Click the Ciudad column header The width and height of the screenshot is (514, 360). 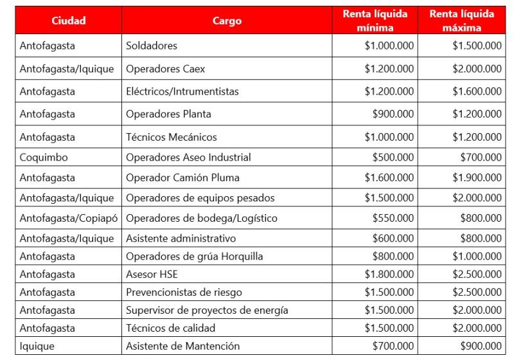(69, 21)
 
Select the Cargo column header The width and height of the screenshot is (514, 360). (227, 21)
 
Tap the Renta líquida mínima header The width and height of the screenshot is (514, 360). (375, 21)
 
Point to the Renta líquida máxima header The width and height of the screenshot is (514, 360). (462, 21)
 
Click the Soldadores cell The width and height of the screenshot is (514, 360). (152, 46)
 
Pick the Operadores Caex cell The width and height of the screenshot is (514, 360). (166, 69)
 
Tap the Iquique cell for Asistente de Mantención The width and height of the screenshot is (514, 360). (38, 346)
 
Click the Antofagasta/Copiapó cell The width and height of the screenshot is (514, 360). (69, 218)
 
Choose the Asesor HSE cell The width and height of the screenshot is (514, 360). (152, 274)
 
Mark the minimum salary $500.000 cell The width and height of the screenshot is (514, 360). (393, 157)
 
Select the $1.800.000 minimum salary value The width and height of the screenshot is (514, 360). (389, 274)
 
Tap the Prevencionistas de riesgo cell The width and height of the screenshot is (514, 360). (184, 292)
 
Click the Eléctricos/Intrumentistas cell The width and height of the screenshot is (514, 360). (182, 91)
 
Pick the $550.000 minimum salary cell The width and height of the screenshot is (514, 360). (393, 218)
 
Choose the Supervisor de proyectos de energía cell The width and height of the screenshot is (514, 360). (207, 310)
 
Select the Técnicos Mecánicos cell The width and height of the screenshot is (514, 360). (172, 137)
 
